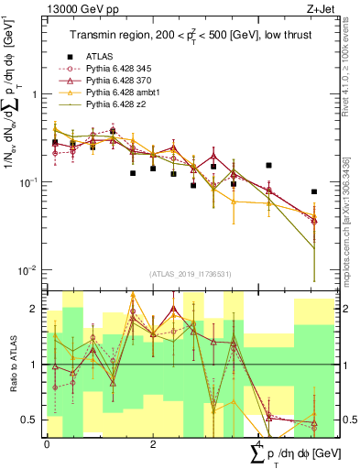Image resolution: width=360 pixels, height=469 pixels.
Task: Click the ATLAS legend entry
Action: pos(100,57)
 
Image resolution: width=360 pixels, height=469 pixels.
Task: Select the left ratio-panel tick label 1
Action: pos(34,365)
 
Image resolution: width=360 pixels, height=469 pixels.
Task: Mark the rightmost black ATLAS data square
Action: pos(314,192)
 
